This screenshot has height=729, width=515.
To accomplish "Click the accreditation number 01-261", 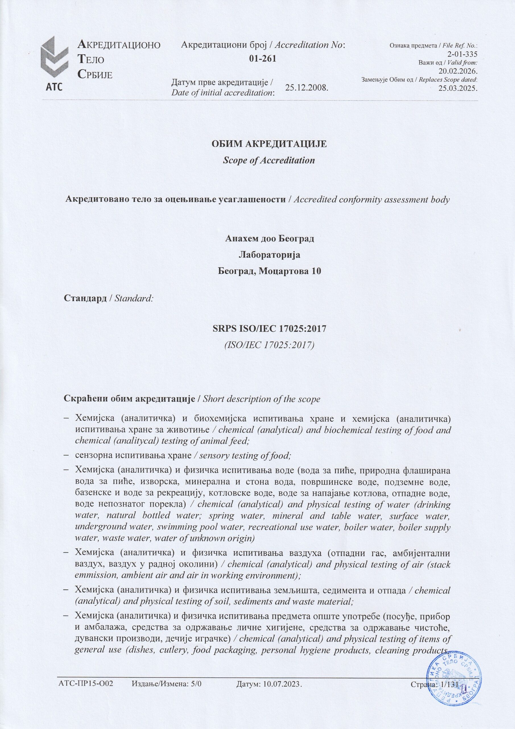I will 262,59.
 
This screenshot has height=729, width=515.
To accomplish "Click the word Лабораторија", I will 269,255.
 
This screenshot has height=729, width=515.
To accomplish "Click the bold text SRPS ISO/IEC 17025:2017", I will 269,329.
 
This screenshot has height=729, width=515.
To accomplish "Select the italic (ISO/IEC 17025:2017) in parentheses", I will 269,345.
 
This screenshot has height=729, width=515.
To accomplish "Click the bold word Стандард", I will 85,298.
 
